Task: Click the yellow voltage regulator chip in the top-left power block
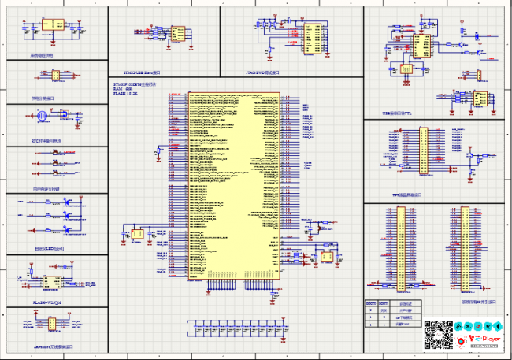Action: pos(56,26)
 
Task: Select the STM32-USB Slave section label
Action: pos(143,72)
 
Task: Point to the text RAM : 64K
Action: pos(122,89)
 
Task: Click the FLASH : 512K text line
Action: pos(126,94)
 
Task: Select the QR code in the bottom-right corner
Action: pos(436,334)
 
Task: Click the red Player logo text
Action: pos(490,339)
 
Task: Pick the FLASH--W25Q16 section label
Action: pos(46,301)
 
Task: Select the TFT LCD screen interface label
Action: pos(406,195)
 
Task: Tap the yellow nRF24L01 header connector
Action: pos(50,324)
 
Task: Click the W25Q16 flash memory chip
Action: pos(53,281)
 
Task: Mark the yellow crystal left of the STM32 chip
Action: pos(139,235)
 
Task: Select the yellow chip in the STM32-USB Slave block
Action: pos(180,35)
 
